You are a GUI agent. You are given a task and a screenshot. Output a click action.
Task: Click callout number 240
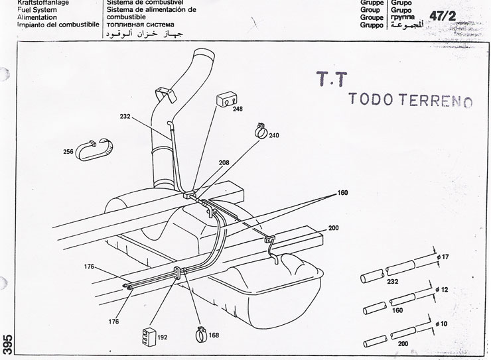coord(273,135)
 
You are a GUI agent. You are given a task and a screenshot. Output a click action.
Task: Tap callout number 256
coord(68,152)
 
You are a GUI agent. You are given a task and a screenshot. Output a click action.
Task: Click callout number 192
coord(163,337)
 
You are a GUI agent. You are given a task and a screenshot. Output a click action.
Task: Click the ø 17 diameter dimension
coord(443,256)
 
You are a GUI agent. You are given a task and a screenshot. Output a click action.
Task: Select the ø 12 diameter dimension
coord(443,290)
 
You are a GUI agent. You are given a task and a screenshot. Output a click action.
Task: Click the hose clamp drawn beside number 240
coord(260,130)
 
